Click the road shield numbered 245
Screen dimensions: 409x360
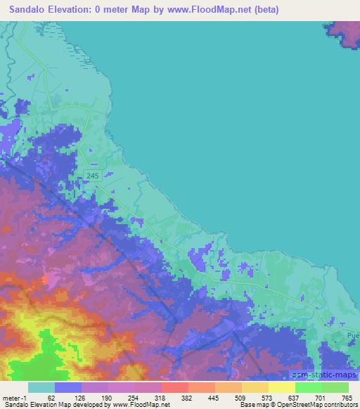pos(92,175)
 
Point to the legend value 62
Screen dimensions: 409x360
pos(51,398)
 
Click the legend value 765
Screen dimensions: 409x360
pos(345,398)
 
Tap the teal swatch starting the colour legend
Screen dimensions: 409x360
pos(41,387)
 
